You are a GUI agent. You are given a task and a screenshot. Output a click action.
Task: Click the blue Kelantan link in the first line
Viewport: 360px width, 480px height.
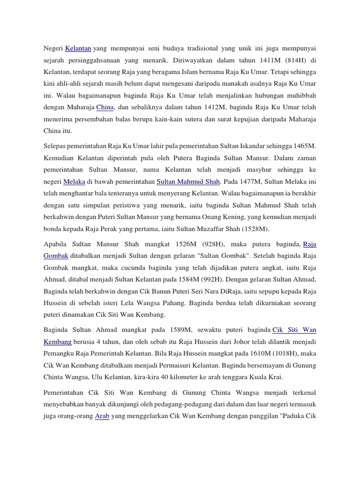pyautogui.click(x=78, y=48)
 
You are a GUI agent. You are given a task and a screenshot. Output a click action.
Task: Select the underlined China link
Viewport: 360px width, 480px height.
pyautogui.click(x=105, y=107)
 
